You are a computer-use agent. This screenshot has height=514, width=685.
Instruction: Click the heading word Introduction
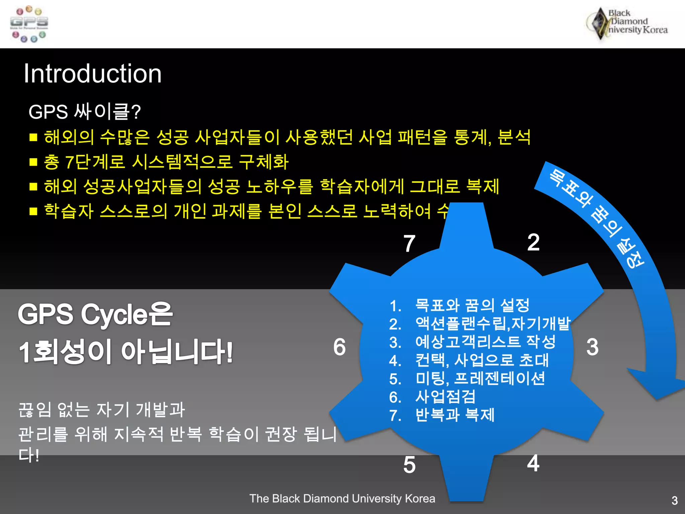coord(93,74)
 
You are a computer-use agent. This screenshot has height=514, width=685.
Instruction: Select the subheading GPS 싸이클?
coord(85,112)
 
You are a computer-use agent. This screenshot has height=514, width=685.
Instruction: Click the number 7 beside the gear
coord(409,244)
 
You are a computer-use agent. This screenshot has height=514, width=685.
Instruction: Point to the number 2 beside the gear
coord(533,242)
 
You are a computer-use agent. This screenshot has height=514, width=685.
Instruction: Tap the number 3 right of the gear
coord(592,347)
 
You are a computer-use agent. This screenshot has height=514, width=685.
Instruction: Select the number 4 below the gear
coord(533,463)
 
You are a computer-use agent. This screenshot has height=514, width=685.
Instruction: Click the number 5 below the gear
coord(409,465)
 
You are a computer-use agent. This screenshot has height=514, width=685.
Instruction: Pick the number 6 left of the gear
coord(339,347)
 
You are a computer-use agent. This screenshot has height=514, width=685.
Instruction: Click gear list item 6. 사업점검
coord(432,397)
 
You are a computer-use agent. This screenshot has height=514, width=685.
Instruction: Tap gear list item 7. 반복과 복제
coord(442,415)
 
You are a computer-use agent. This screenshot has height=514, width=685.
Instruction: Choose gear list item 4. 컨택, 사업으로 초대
coord(469,360)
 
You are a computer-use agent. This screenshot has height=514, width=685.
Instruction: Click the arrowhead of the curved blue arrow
coord(657,385)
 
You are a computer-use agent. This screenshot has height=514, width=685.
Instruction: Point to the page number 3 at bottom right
coord(674,501)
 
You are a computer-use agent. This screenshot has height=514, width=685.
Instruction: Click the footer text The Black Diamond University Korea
coord(342,499)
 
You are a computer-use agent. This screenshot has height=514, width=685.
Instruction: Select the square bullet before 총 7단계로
coord(33,162)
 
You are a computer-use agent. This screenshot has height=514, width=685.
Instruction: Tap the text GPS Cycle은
coord(95,314)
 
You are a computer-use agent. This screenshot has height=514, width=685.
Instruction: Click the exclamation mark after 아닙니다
coord(229,352)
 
